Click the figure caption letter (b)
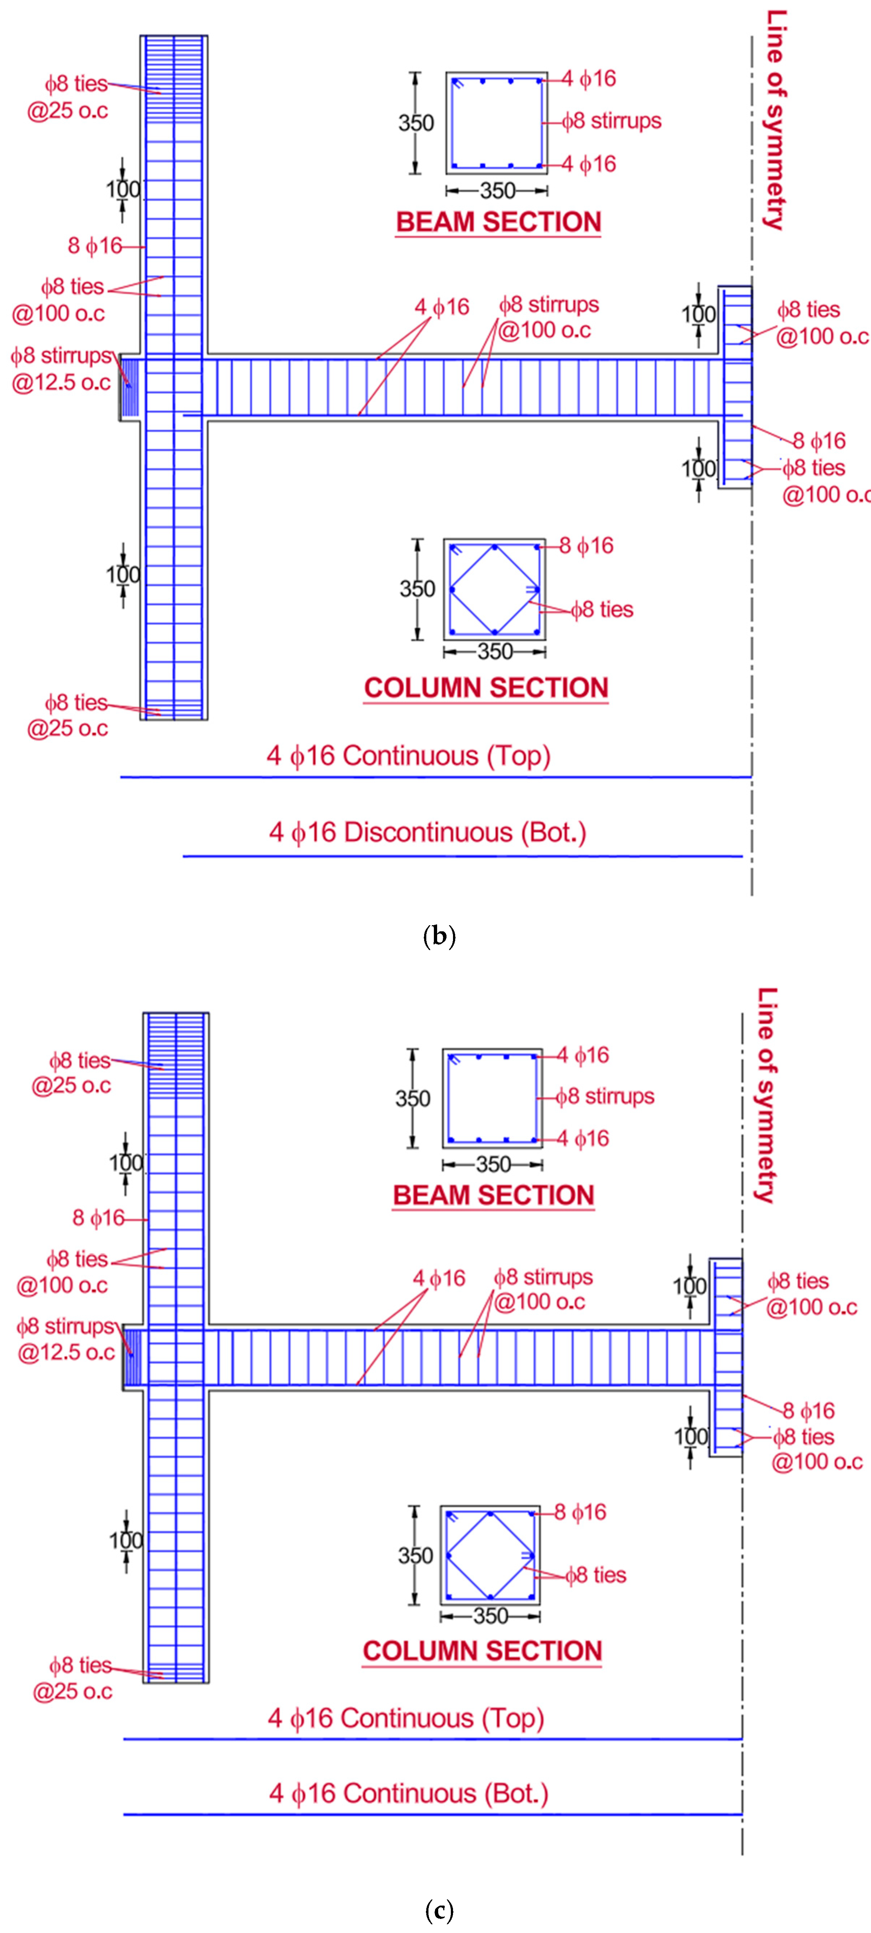click(x=439, y=936)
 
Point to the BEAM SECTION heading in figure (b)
click(x=498, y=222)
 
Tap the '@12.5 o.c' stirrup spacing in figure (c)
click(x=66, y=1352)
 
